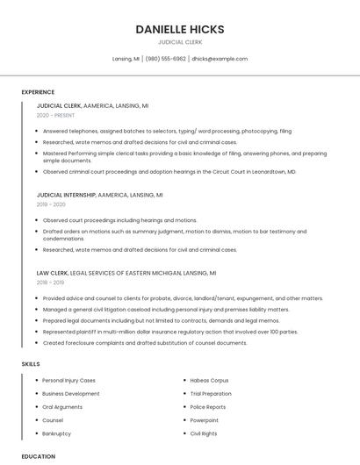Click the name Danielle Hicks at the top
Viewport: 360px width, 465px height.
180,29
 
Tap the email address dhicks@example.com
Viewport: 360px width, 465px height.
220,59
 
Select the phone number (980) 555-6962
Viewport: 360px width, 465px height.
166,59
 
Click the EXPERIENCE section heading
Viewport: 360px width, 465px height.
38,92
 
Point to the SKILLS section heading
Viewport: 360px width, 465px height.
31,363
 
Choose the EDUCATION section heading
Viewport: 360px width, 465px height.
39,456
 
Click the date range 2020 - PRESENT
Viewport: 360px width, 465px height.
56,115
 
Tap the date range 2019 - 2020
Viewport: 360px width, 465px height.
52,204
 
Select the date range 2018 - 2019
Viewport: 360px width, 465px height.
51,283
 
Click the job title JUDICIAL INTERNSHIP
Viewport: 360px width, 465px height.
66,195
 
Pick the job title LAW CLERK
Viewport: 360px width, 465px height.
52,273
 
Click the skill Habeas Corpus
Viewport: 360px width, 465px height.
209,381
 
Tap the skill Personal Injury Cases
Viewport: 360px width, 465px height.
68,381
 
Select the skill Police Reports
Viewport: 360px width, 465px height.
208,407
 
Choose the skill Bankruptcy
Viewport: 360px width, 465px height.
56,433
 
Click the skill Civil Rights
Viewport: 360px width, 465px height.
204,433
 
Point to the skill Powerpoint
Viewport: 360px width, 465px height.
205,420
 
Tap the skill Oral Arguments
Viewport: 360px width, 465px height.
62,407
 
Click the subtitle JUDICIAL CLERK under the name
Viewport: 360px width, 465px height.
180,42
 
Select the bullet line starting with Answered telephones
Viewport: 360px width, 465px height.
167,131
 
